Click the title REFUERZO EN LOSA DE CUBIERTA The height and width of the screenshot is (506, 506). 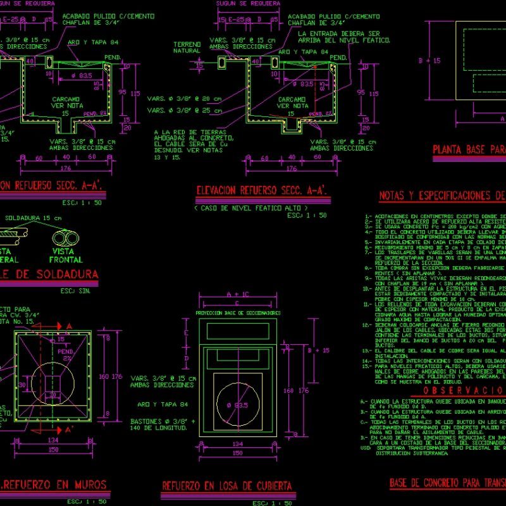tap(227, 486)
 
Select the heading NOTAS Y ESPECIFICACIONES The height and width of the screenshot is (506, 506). tap(441, 196)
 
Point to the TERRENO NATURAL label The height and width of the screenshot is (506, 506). tap(187, 47)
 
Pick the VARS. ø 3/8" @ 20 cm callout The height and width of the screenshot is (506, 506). tap(184, 99)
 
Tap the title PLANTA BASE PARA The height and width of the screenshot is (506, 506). tap(469, 151)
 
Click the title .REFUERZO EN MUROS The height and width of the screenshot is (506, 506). tap(53, 485)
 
